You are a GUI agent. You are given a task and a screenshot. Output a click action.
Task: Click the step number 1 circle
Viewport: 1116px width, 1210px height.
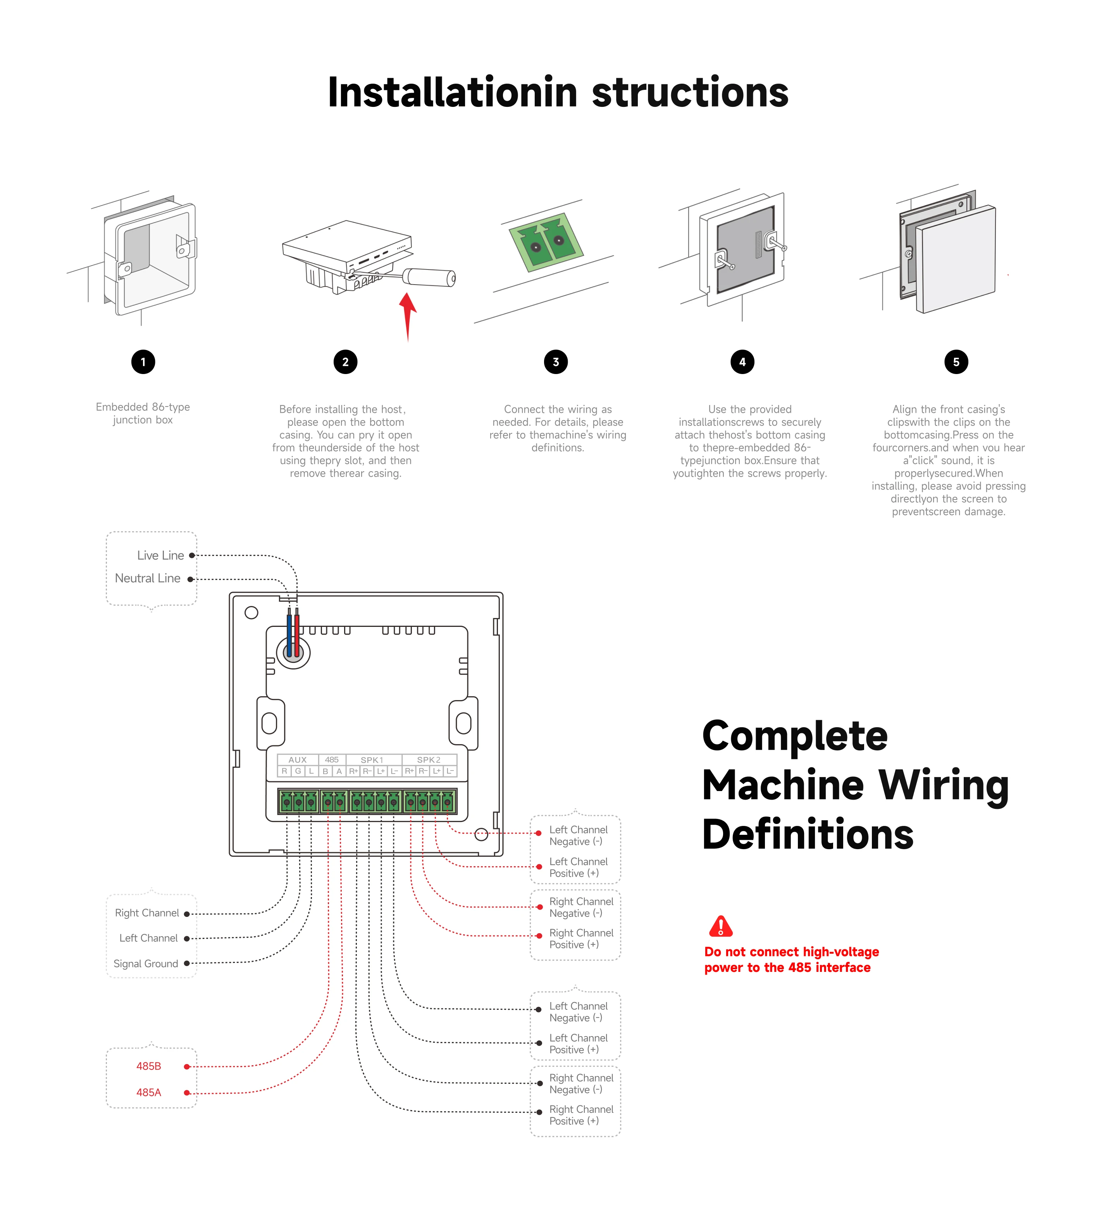(x=143, y=362)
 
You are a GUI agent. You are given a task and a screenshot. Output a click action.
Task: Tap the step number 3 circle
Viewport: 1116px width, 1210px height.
(x=556, y=362)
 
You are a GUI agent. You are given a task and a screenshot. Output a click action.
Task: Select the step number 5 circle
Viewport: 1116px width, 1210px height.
(x=956, y=362)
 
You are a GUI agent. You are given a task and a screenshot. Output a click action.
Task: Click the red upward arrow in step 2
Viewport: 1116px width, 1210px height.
(x=408, y=314)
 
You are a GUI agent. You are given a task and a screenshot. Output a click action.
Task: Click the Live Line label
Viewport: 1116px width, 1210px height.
(x=160, y=555)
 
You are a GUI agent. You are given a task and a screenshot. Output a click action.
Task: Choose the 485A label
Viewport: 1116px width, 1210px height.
(x=148, y=1092)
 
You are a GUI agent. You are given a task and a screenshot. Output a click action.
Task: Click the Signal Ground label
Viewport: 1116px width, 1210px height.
(x=146, y=964)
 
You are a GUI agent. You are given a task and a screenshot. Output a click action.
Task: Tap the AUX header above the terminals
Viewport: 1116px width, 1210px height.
(x=297, y=760)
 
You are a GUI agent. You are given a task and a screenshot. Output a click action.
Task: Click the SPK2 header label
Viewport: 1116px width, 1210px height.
(x=429, y=760)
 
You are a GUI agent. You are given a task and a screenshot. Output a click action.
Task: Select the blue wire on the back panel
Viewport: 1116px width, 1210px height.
(x=289, y=634)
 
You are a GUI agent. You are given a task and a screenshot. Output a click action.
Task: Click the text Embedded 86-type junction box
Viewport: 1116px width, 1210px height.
(x=143, y=414)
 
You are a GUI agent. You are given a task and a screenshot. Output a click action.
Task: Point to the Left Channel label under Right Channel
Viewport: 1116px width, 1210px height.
(x=148, y=938)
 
